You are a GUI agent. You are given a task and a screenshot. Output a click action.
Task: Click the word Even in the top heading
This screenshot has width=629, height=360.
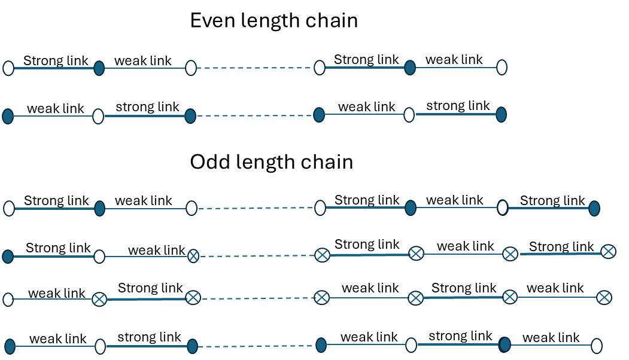point(212,20)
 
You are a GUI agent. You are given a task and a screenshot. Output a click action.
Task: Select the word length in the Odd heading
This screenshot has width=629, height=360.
point(266,163)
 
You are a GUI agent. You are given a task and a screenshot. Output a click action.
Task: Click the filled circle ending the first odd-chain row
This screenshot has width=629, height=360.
point(594,209)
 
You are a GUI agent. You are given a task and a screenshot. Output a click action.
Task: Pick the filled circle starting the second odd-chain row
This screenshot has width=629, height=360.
point(8,257)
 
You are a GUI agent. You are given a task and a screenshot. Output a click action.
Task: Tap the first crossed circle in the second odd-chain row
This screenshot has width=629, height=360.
point(193,256)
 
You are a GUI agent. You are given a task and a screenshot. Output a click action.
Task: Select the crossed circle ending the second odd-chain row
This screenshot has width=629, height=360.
point(609,251)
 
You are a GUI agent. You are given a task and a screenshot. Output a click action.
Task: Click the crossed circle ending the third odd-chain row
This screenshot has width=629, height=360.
point(604,297)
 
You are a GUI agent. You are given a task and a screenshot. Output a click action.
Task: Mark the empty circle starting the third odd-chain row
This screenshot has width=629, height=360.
point(8,300)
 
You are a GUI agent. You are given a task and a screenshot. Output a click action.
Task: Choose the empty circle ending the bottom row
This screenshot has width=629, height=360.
point(597,346)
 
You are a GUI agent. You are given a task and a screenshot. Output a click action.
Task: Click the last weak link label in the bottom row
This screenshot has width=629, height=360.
point(551,337)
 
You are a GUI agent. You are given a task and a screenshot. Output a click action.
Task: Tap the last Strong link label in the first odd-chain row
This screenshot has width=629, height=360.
point(552,200)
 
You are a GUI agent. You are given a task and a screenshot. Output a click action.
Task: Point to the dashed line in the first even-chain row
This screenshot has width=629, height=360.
point(255,68)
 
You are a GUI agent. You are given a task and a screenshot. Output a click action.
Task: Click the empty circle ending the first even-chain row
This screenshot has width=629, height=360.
point(502,68)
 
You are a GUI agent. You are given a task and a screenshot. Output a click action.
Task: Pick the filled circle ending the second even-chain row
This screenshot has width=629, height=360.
point(501,115)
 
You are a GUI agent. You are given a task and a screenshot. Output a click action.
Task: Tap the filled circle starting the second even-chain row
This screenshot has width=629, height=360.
point(8,116)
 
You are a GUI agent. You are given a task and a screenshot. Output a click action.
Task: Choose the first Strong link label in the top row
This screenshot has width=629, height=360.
point(56,60)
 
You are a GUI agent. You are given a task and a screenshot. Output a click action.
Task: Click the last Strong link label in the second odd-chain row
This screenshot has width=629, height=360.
point(561,246)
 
